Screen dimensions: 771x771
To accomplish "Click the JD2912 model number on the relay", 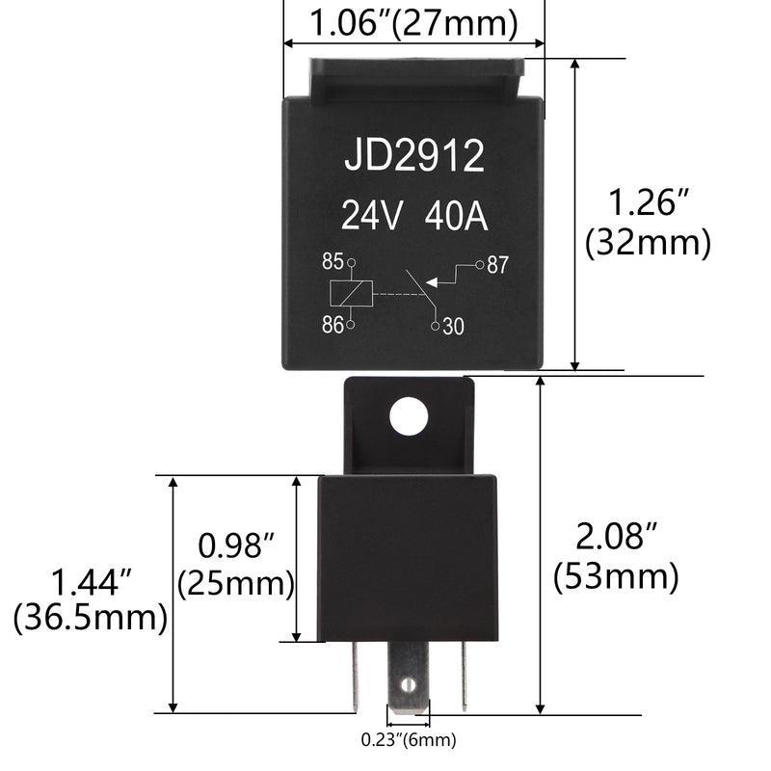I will point(414,156).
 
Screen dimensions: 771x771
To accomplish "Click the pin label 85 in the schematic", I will point(332,261).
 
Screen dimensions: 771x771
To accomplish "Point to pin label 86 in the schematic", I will point(332,325).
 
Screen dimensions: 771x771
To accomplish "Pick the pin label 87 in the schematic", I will point(497,265).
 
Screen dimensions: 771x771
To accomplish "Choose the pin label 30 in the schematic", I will point(454,328).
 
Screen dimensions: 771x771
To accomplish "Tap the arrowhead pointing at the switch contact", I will point(432,281).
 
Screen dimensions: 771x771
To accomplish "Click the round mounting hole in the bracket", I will point(408,416).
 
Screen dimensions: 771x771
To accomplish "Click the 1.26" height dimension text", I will point(650,203).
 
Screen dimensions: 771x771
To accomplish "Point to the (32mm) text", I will point(648,242).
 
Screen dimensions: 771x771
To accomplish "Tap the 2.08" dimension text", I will point(618,537).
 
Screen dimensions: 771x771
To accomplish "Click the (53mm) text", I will point(617,576).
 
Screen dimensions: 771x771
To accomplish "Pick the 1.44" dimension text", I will point(91,581).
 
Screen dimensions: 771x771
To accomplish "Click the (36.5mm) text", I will point(91,618).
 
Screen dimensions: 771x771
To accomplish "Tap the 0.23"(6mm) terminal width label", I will point(409,740).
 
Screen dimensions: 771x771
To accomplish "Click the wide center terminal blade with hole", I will point(409,678).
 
